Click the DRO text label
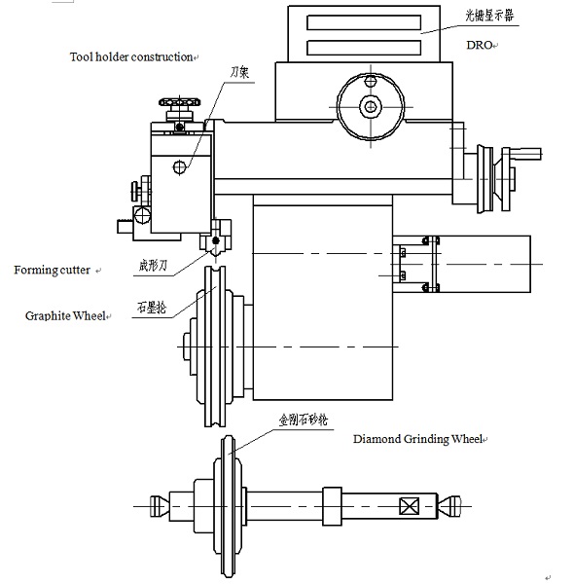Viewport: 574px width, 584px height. point(480,45)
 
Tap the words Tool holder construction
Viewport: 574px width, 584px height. point(131,57)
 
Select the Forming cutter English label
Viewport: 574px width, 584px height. point(53,270)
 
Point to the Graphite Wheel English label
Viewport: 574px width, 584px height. point(65,315)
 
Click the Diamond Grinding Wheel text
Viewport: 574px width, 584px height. point(417,439)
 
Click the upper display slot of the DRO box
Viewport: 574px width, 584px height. point(364,22)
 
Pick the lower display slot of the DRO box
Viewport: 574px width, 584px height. point(364,48)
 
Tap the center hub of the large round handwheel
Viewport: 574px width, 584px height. point(370,106)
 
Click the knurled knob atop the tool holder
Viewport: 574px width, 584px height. point(179,101)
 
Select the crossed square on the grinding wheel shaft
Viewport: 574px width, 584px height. point(409,506)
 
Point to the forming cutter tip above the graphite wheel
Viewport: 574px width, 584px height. point(215,253)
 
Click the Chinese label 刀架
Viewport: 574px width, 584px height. point(239,72)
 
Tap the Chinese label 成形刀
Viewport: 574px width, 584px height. point(153,266)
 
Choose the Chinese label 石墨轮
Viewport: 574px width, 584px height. point(152,308)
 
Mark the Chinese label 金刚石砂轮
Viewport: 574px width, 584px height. point(304,420)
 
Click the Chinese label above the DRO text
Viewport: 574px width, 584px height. point(489,16)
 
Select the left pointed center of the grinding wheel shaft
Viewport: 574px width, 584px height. point(160,506)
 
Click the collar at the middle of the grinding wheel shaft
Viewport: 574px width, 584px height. point(332,506)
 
